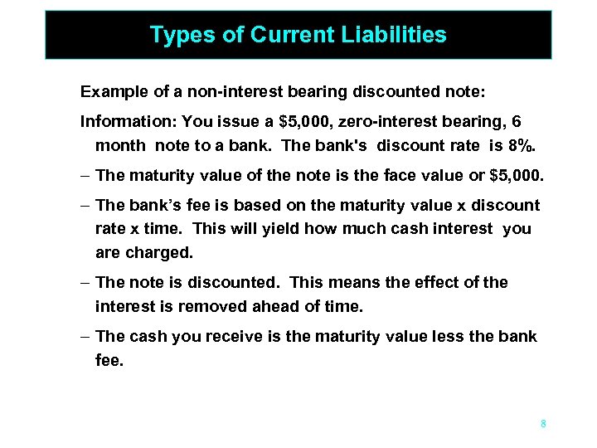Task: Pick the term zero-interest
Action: (384, 121)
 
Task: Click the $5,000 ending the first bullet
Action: (517, 175)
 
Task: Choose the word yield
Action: (264, 228)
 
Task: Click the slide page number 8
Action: (543, 424)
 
